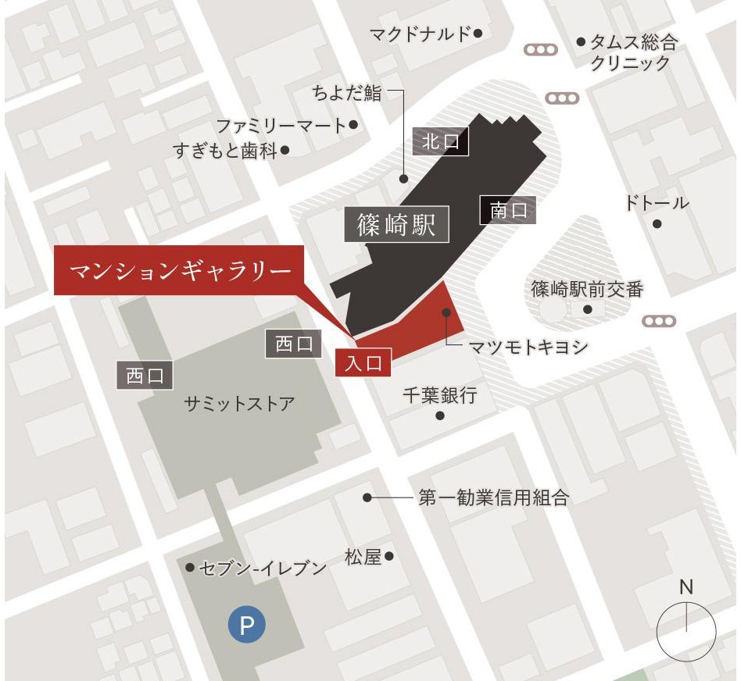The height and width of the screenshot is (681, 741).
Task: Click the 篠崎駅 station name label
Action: (x=397, y=226)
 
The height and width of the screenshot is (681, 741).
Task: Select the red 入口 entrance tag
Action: (x=363, y=363)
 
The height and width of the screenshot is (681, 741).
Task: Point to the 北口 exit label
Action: (x=440, y=142)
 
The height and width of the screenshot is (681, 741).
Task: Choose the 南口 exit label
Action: (x=508, y=210)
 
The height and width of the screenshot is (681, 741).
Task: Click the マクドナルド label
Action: (x=420, y=34)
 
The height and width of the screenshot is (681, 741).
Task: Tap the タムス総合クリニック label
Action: (x=632, y=52)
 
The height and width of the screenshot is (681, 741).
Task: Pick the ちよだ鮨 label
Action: (x=347, y=93)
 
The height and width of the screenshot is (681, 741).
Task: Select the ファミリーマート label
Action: (x=281, y=125)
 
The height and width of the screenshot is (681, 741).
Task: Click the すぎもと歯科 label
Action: (x=226, y=150)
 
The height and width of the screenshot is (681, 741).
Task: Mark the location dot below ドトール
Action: (x=657, y=223)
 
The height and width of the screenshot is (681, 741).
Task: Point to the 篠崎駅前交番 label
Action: (x=587, y=290)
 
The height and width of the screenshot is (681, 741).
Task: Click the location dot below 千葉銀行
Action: (x=440, y=415)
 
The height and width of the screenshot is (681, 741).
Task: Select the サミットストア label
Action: (x=239, y=404)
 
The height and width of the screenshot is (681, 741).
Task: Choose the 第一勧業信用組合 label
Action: (x=493, y=497)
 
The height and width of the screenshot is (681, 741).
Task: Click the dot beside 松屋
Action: (x=389, y=557)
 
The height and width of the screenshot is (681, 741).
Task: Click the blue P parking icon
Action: (x=247, y=625)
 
